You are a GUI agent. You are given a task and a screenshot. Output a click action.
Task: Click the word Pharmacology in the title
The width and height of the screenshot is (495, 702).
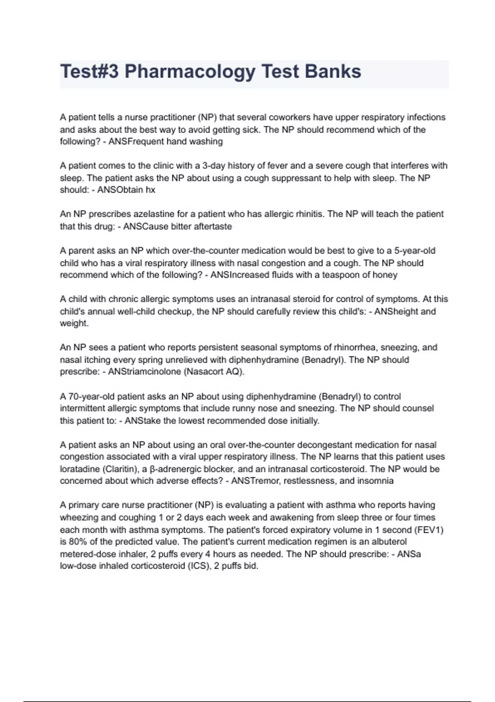coord(190,71)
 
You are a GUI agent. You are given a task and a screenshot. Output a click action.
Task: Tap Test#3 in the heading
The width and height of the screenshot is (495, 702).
coord(89,71)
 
